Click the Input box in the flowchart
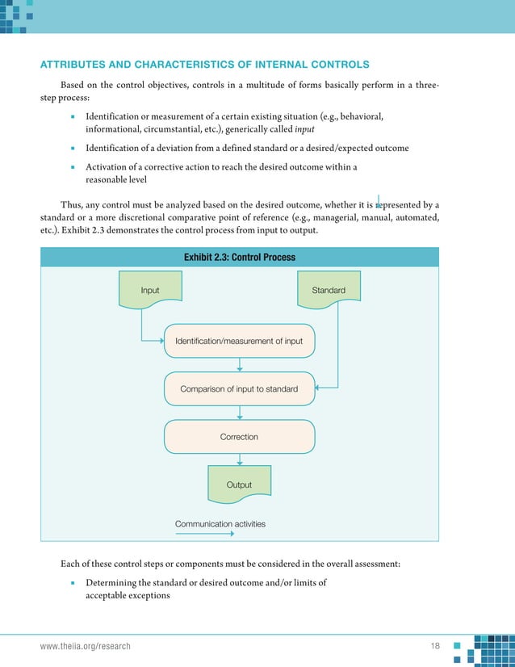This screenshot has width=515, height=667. [150, 291]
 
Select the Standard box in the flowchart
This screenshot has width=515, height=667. [329, 291]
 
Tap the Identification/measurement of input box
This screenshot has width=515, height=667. [239, 341]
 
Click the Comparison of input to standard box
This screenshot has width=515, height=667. [239, 388]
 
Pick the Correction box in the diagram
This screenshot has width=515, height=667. [239, 437]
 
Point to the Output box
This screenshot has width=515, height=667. [239, 485]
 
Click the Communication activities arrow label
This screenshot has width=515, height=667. [220, 524]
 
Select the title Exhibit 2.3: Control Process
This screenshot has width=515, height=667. [239, 258]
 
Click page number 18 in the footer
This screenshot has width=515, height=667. [436, 646]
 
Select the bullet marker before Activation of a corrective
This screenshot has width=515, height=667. [73, 167]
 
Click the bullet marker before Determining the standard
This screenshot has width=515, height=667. [73, 583]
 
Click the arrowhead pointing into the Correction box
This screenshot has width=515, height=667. [240, 417]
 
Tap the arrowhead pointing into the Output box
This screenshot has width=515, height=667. [240, 464]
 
